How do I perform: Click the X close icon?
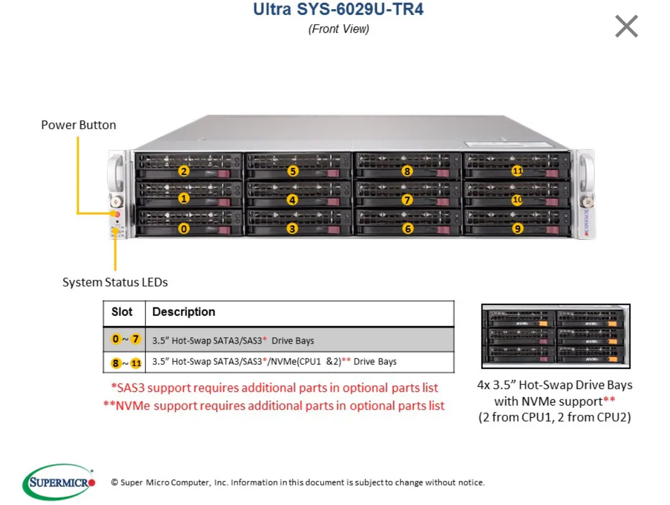point(626,26)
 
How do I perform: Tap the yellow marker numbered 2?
point(184,171)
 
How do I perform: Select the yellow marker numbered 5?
point(293,171)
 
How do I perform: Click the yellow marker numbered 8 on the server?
point(407,171)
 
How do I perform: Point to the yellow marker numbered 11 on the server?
point(517,171)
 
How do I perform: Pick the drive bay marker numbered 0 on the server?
point(184,229)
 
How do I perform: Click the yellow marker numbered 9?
point(517,229)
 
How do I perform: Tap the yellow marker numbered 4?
point(293,200)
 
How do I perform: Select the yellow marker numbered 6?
point(407,229)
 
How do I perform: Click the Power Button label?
point(79,125)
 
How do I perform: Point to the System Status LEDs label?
point(115,282)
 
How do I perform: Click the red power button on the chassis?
point(117,214)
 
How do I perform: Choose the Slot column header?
point(122,312)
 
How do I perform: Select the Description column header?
point(184,312)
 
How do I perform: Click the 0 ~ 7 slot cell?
point(125,339)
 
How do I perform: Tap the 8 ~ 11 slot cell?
point(125,363)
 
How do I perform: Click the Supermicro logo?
point(57,481)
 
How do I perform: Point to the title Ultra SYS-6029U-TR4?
point(338,9)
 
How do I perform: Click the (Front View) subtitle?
point(338,29)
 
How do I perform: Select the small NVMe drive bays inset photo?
point(555,336)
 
